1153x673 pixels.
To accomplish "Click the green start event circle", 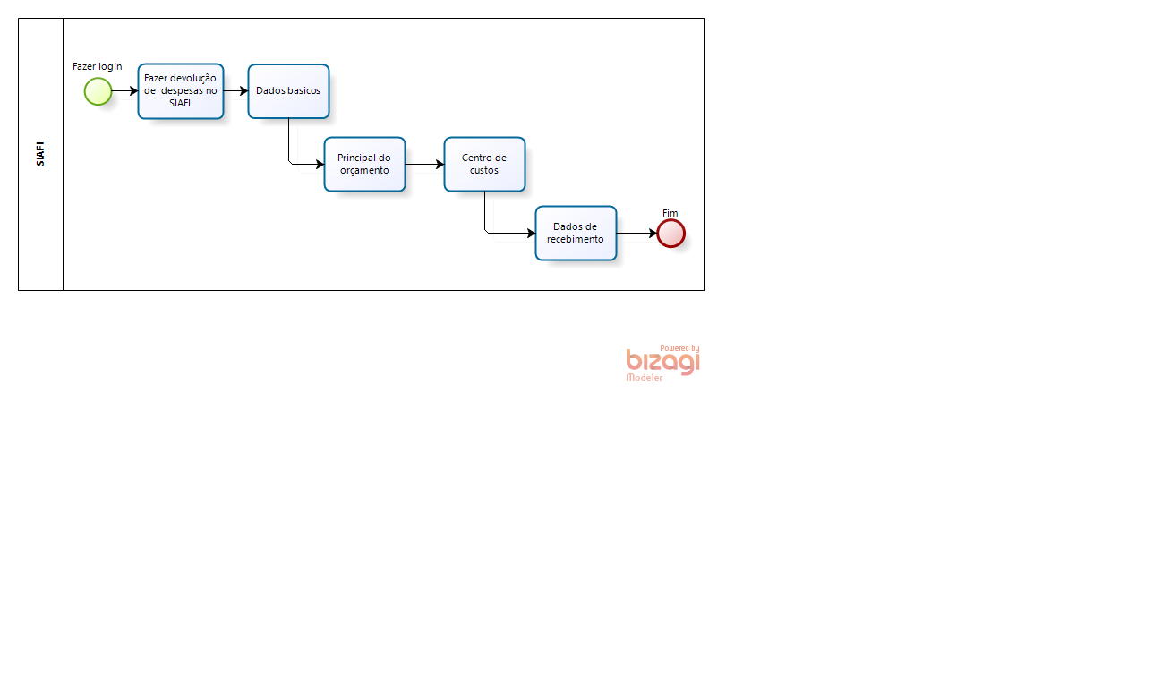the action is pyautogui.click(x=98, y=91).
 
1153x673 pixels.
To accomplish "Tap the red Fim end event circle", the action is pyautogui.click(x=670, y=234).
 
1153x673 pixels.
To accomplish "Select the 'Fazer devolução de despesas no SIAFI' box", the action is pyautogui.click(x=181, y=91).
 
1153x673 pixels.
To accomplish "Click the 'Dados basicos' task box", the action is pyautogui.click(x=289, y=91).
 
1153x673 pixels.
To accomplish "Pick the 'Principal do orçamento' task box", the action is pyautogui.click(x=365, y=164).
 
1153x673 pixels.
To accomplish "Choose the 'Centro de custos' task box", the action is pyautogui.click(x=485, y=164).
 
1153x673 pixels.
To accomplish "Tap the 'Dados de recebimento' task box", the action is pyautogui.click(x=576, y=233).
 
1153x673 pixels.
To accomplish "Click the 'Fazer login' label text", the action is pyautogui.click(x=98, y=66).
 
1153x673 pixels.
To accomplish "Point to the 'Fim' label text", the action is pyautogui.click(x=670, y=213).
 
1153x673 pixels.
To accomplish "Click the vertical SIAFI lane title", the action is pyautogui.click(x=40, y=154).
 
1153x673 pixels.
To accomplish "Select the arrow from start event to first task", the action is pyautogui.click(x=125, y=91).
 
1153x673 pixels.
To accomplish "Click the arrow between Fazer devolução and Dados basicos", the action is pyautogui.click(x=235, y=91).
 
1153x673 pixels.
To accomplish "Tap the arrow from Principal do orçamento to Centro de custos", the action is pyautogui.click(x=424, y=165).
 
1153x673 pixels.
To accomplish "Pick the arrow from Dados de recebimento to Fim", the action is pyautogui.click(x=636, y=234).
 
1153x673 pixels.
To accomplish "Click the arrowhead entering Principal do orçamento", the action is pyautogui.click(x=320, y=165).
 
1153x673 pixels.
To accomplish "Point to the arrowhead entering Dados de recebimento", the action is pyautogui.click(x=531, y=234).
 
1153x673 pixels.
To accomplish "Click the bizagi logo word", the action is pyautogui.click(x=663, y=362).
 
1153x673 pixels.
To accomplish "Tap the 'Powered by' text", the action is pyautogui.click(x=679, y=348).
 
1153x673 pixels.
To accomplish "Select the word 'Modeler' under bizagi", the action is pyautogui.click(x=644, y=378).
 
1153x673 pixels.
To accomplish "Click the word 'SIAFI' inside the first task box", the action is pyautogui.click(x=180, y=103).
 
